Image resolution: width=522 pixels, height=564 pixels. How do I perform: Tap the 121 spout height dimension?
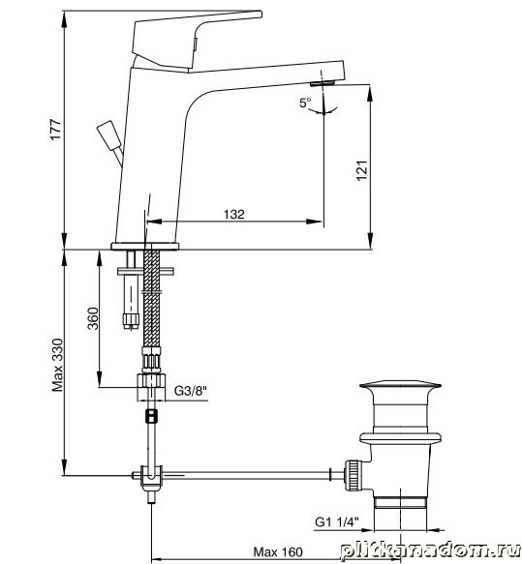362,170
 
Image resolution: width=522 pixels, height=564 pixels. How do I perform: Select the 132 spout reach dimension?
234,215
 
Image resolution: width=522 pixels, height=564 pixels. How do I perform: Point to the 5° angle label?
305,103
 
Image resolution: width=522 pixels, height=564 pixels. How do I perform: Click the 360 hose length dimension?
93,318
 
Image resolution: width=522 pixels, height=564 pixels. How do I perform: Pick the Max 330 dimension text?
57,365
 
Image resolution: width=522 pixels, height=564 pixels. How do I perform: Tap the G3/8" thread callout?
191,391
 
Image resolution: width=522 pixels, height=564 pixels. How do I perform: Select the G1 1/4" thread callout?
337,521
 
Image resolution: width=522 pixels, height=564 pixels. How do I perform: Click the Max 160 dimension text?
278,552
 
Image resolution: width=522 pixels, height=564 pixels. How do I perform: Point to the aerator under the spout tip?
322,83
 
